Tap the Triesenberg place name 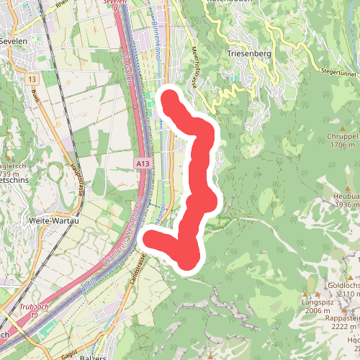point(247,54)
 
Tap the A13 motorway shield point(143,164)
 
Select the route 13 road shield point(32,78)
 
